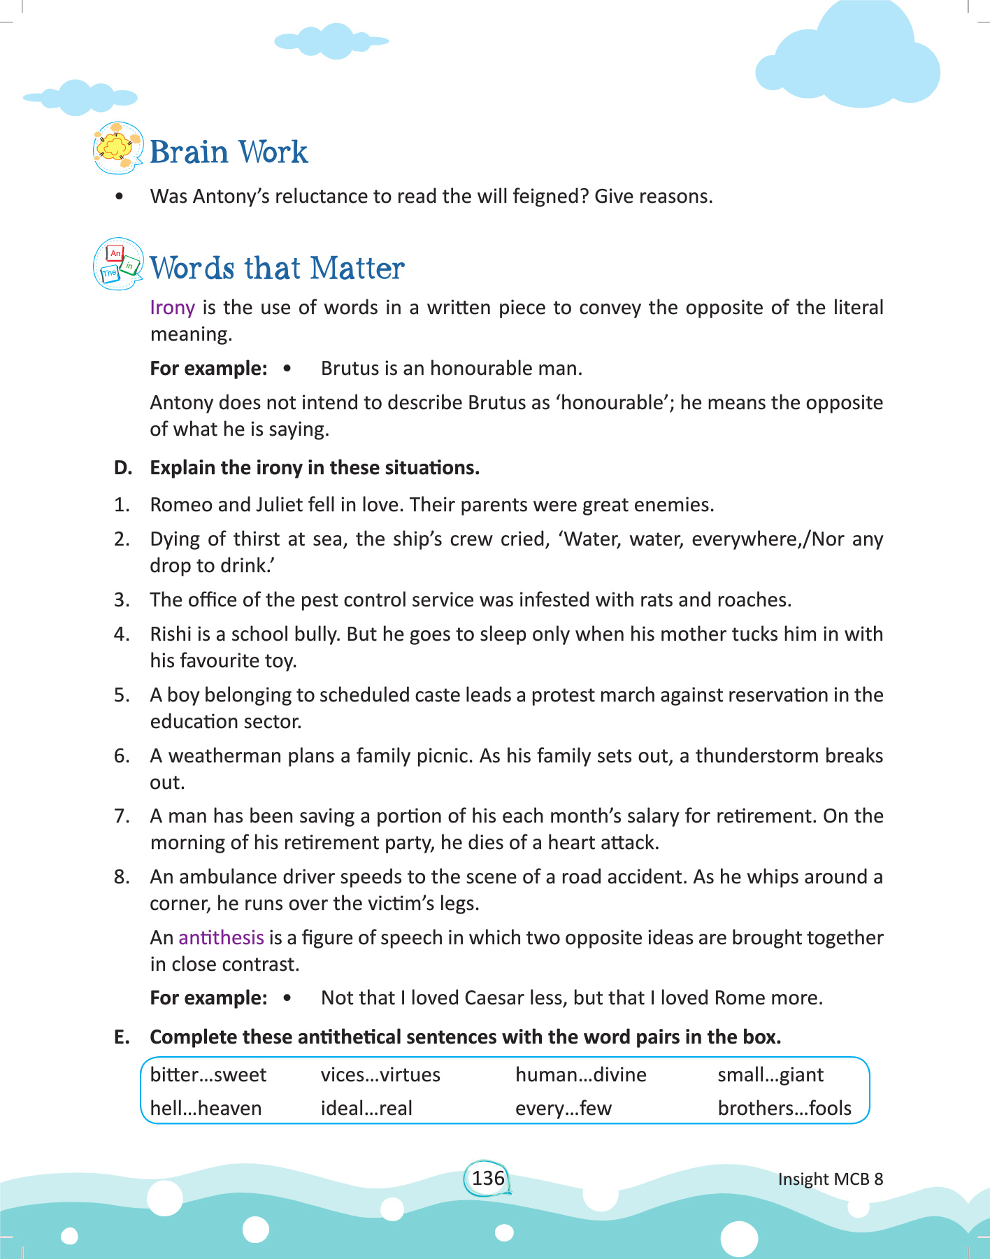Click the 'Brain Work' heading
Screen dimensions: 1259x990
(x=229, y=152)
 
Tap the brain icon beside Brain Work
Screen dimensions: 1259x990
(x=117, y=148)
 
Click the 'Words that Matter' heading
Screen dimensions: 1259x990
(x=277, y=268)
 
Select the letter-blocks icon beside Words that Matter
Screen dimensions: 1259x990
(x=118, y=264)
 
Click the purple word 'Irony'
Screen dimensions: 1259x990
(x=172, y=308)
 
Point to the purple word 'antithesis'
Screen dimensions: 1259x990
(x=221, y=937)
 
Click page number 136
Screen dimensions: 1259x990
(x=487, y=1178)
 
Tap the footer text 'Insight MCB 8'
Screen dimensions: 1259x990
(x=830, y=1179)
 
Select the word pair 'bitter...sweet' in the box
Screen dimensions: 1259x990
(x=208, y=1074)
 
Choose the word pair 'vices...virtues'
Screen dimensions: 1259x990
(x=380, y=1074)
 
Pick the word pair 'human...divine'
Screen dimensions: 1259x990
(x=580, y=1074)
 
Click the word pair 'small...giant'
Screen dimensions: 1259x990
(x=770, y=1074)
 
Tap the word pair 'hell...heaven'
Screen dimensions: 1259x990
(x=206, y=1108)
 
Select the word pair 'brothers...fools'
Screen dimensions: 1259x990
(x=784, y=1108)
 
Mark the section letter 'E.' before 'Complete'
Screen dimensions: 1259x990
(x=122, y=1037)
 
